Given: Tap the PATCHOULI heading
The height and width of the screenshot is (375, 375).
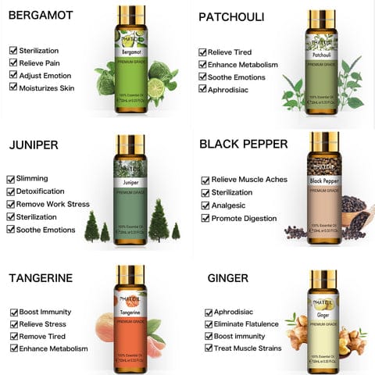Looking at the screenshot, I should pyautogui.click(x=231, y=16).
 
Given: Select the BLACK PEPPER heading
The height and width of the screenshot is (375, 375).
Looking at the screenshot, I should pyautogui.click(x=244, y=144).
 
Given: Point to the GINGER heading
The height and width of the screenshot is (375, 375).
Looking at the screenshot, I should pyautogui.click(x=227, y=277).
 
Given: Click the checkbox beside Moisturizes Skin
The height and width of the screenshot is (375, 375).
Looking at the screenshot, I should pyautogui.click(x=13, y=87).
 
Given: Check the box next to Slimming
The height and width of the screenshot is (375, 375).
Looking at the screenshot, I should pyautogui.click(x=11, y=178).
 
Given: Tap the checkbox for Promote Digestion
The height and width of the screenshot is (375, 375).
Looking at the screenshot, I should pyautogui.click(x=205, y=217).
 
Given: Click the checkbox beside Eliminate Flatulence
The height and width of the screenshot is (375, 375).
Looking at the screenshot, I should pyautogui.click(x=209, y=324).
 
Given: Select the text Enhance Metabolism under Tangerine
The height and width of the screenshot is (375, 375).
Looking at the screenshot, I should pyautogui.click(x=54, y=348).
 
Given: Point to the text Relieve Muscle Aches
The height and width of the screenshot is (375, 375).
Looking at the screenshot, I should pyautogui.click(x=250, y=180).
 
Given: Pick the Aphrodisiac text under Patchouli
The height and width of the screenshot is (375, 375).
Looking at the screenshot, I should pyautogui.click(x=232, y=90).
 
